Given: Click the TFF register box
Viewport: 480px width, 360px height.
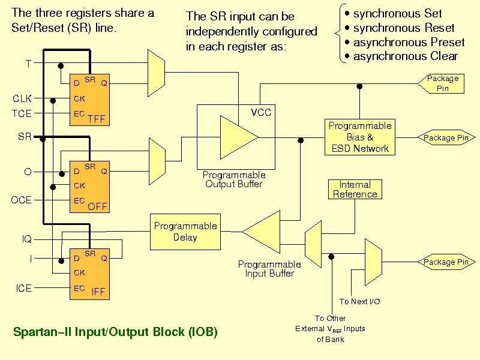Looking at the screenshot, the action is tap(89, 100).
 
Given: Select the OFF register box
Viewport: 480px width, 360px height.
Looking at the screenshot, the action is tap(89, 187).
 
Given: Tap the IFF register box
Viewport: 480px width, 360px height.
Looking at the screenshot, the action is tap(89, 274).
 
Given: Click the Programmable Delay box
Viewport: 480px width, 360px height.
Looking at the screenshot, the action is tap(185, 232).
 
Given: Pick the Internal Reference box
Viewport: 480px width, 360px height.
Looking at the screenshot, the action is tap(355, 189).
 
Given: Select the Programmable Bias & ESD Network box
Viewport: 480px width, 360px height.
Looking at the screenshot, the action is tap(360, 137).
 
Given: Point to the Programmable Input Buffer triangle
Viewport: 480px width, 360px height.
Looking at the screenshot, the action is tap(261, 232).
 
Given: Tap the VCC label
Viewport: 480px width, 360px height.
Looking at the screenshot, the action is tap(261, 112).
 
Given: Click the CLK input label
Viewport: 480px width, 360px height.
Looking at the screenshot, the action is tap(22, 98).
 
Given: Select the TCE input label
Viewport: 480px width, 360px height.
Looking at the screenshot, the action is tap(22, 113).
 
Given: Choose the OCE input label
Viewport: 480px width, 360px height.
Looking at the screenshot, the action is tap(22, 200).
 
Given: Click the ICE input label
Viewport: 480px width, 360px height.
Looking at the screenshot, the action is tap(23, 288).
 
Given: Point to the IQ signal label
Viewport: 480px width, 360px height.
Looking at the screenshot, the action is tap(27, 239).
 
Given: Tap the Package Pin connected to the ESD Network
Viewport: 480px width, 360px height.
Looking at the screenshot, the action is tap(446, 137).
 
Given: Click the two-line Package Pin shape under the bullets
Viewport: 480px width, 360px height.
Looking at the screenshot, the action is tap(441, 83).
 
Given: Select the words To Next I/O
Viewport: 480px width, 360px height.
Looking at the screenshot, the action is tap(359, 302).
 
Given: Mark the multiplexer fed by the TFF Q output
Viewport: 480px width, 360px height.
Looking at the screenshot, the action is tap(156, 73).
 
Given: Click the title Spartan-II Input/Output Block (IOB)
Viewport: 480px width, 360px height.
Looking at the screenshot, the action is tap(115, 332).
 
